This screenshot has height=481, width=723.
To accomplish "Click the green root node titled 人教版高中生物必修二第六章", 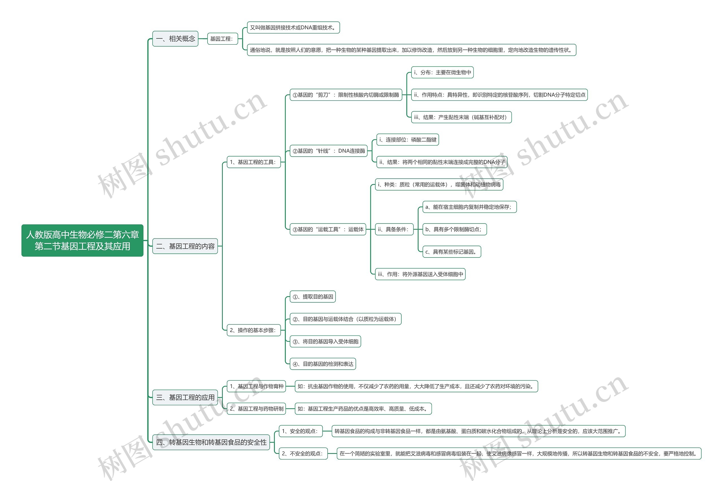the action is click(x=82, y=240).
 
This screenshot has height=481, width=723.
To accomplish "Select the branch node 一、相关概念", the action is click(x=175, y=39).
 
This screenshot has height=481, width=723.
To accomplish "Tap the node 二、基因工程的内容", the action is click(x=185, y=246).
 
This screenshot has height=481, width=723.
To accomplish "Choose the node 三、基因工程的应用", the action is click(x=185, y=397).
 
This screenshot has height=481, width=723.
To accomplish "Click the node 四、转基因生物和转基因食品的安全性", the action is click(x=211, y=442).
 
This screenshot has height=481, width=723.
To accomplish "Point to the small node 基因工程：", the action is click(x=222, y=39).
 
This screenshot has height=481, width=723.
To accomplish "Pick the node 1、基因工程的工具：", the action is click(x=253, y=162).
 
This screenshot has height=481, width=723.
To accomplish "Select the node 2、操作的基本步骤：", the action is click(x=253, y=330).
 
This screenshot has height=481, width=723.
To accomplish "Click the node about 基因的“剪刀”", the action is click(x=346, y=95).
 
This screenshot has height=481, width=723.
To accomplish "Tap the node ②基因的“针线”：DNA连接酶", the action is click(x=328, y=151).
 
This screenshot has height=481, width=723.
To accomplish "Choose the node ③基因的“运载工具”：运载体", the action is click(x=328, y=229).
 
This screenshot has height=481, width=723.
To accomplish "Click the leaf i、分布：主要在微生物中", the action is click(x=442, y=72).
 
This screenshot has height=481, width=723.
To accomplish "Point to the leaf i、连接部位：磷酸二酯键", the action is click(x=408, y=140).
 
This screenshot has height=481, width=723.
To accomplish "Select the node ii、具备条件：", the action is click(x=394, y=229).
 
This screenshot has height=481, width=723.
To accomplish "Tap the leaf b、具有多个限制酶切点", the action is click(x=454, y=229).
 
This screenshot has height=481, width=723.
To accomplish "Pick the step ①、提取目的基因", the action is click(x=313, y=297).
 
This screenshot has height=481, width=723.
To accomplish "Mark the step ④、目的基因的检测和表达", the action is click(x=323, y=364).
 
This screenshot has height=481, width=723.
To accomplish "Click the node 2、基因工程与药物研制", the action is click(x=256, y=409).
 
